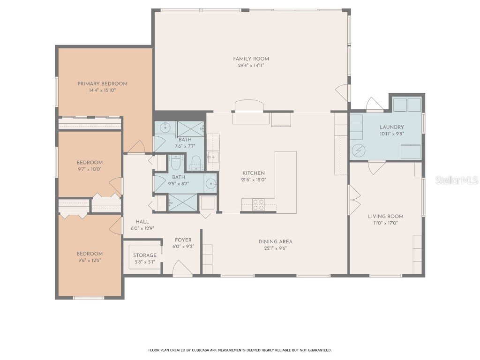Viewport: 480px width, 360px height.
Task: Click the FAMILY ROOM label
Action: click(251, 59)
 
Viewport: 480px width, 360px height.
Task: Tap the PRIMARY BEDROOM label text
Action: click(102, 83)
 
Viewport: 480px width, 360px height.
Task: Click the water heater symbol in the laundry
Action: click(359, 150)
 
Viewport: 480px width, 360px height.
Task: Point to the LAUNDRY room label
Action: click(391, 127)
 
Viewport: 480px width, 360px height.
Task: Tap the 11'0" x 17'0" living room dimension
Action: click(385, 223)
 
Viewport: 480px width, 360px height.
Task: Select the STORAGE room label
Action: click(144, 255)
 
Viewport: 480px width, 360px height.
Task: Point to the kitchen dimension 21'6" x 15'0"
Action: click(254, 180)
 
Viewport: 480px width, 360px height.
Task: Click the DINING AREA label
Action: click(275, 242)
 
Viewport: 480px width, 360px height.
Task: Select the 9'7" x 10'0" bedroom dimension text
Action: click(90, 169)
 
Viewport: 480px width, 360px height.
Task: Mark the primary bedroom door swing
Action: click(136, 147)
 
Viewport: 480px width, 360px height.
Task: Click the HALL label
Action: click(142, 222)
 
